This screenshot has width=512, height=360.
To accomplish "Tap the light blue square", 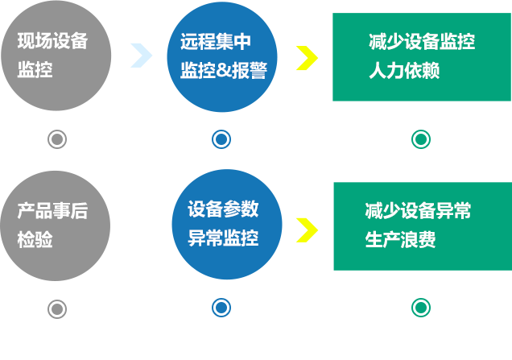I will pos(141,55).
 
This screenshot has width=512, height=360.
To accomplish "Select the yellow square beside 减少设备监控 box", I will pos(307,58).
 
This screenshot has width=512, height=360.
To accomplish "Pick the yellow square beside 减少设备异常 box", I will pos(307,230).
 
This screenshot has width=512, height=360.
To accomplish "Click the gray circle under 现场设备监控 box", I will pos(56,139).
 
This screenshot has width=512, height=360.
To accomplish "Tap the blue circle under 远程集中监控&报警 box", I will pos(221,139).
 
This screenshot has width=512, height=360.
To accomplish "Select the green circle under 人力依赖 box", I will pos(420,139).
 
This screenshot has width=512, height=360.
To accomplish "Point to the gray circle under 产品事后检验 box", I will pos(56,308).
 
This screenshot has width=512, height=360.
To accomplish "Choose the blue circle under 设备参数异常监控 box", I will pos(221,308).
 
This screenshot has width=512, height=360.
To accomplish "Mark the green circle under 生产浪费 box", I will pos(420,308).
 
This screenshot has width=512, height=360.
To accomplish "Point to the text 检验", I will pos(35,239).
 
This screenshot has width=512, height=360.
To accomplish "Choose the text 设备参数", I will pos(223,209).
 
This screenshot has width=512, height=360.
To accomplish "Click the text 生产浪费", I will pos(400,240).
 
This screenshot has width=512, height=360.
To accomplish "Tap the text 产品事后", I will pos(52,211).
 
